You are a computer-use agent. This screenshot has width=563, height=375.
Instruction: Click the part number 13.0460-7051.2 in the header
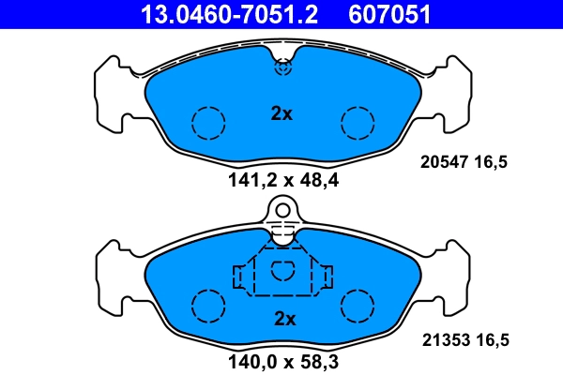pyautogui.click(x=229, y=13)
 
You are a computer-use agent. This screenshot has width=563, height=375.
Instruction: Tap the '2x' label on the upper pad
pyautogui.click(x=281, y=114)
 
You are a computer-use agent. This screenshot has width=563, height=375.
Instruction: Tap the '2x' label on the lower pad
pyautogui.click(x=283, y=319)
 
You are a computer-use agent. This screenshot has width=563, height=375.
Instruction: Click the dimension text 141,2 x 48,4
pyautogui.click(x=282, y=181)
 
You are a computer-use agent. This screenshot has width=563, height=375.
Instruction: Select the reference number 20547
pyautogui.click(x=440, y=162)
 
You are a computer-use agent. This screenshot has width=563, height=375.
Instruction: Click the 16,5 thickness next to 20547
pyautogui.click(x=493, y=162)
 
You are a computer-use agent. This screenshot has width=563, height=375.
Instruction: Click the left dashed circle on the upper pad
pyautogui.click(x=208, y=122)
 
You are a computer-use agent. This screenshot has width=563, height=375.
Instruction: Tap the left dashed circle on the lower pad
pyautogui.click(x=208, y=305)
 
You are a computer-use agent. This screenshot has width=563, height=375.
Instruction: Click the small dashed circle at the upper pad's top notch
pyautogui.click(x=282, y=67)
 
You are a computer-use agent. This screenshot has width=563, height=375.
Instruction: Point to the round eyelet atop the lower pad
pyautogui.click(x=282, y=211)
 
